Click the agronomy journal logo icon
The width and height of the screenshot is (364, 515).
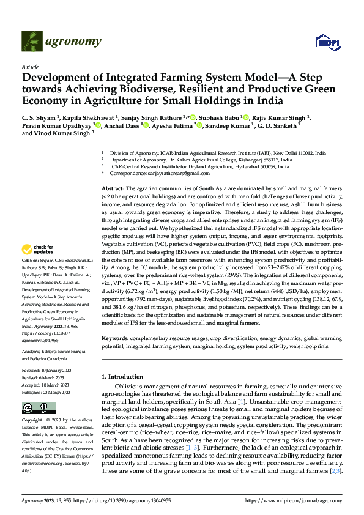click(x=32, y=41)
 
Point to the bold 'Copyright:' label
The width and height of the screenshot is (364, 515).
click(x=32, y=421)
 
